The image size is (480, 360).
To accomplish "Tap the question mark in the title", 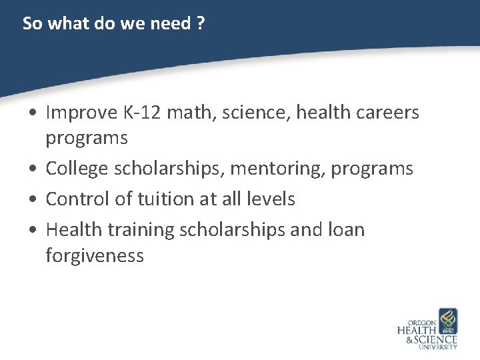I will point(201,24).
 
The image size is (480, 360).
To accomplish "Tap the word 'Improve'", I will point(82,113).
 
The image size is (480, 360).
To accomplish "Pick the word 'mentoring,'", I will point(275,169).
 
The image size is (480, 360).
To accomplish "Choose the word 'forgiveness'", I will point(95,255).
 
